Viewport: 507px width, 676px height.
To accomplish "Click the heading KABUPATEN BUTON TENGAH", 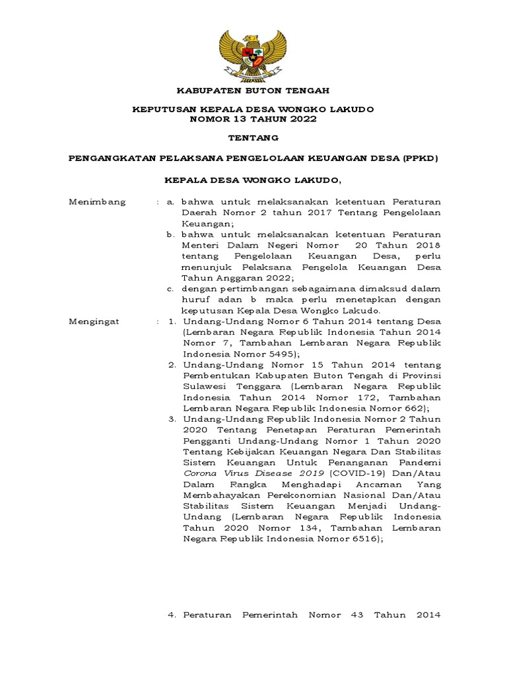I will (x=253, y=90).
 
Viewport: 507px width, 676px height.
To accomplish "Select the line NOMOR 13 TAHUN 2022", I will (x=253, y=119).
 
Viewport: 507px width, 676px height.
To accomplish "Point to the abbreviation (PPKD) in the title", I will (x=421, y=158).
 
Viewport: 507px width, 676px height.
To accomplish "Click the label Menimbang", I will (x=97, y=201).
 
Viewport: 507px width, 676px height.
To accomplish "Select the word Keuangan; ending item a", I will (x=207, y=224).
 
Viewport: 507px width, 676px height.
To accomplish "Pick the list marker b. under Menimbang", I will (x=170, y=234).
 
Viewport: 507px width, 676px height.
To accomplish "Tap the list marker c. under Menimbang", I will (x=170, y=288).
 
